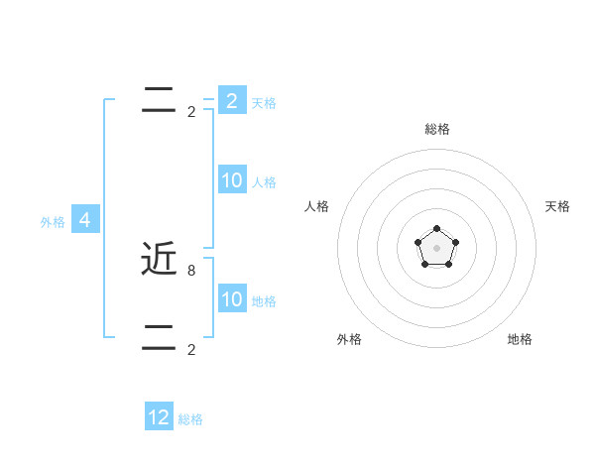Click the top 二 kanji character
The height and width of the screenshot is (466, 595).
[159, 99]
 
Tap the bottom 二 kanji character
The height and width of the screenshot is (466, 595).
[159, 337]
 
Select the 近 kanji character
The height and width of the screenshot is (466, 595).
[159, 259]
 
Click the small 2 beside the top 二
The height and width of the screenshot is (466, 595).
[191, 111]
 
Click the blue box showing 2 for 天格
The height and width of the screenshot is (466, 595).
[232, 101]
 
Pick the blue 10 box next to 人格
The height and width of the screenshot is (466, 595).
[232, 180]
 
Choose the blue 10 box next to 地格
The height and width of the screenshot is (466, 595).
[232, 299]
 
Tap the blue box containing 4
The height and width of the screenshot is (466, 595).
[85, 220]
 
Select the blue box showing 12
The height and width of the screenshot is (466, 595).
[159, 417]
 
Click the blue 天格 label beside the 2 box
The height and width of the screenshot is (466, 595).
[264, 103]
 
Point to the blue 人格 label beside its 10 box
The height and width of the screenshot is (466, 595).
[264, 182]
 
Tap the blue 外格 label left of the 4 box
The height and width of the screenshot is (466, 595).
[53, 222]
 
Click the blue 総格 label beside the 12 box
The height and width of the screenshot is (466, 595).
[190, 419]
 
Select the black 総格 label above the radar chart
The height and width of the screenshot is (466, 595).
[437, 129]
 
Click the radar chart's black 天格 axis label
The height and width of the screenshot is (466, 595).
[557, 206]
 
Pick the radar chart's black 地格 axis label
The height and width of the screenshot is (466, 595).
[520, 339]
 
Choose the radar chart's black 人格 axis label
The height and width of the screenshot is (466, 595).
[317, 206]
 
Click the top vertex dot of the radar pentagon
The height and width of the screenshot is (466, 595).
[436, 229]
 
